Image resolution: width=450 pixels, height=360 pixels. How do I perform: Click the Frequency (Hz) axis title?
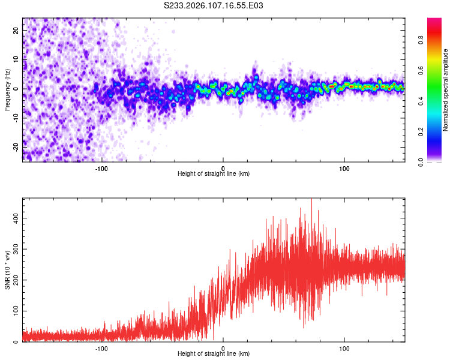(x=7, y=89)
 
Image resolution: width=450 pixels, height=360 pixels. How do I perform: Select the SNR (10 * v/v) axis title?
(x=7, y=269)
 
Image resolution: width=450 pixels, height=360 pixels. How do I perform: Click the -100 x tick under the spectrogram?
(x=101, y=167)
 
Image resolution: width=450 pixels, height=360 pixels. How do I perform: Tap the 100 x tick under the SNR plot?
(x=344, y=347)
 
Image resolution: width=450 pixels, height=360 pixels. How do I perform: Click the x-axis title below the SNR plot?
(x=214, y=354)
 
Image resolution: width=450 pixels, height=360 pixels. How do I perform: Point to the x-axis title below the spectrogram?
(x=214, y=174)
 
